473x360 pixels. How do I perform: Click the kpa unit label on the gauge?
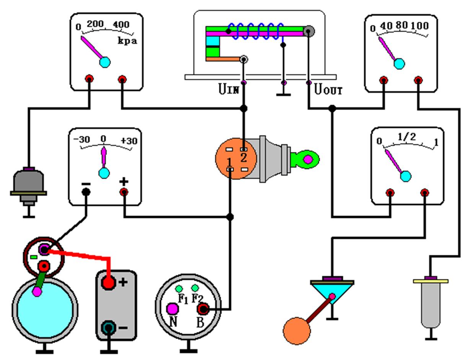tap(127, 40)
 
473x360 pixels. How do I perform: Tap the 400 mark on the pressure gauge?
tap(121, 25)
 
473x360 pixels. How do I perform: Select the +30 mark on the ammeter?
tap(129, 141)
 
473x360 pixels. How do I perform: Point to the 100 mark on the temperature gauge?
tap(420, 26)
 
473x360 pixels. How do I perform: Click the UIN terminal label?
tap(229, 90)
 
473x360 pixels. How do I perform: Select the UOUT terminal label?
tap(328, 90)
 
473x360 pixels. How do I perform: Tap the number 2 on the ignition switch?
tap(243, 157)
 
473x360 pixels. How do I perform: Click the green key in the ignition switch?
tap(305, 159)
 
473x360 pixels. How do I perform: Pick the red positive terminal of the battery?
tap(109, 283)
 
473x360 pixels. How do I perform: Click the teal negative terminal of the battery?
tap(109, 328)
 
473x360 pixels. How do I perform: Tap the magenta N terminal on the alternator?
tap(172, 308)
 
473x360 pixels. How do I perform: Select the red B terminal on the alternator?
tap(203, 308)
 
